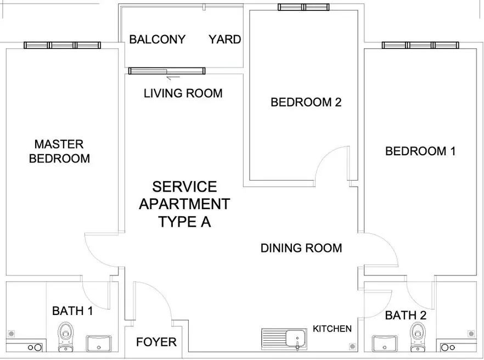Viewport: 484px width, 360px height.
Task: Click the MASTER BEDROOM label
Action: click(59, 151)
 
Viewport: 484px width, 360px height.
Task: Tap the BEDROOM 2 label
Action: click(306, 102)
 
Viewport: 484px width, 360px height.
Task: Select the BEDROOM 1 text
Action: click(420, 151)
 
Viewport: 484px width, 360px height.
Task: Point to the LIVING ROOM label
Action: click(183, 93)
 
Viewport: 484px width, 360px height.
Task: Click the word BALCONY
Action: click(157, 40)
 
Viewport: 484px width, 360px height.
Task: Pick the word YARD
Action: click(225, 40)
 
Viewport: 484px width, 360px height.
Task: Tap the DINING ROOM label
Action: click(301, 248)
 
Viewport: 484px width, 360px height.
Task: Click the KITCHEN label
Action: click(332, 329)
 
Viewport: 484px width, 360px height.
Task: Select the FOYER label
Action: click(156, 342)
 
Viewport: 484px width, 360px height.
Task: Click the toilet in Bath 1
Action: click(65, 337)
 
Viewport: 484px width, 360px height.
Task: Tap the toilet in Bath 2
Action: click(418, 337)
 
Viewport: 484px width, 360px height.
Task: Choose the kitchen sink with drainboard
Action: click(284, 339)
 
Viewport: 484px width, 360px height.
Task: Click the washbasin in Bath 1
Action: click(98, 344)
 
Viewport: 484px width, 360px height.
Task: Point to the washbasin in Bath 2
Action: click(385, 344)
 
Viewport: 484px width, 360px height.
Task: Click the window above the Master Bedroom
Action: click(63, 46)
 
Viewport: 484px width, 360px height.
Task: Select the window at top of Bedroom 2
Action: click(303, 7)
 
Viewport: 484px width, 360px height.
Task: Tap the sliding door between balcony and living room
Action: click(167, 71)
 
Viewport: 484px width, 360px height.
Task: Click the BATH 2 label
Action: click(406, 315)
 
